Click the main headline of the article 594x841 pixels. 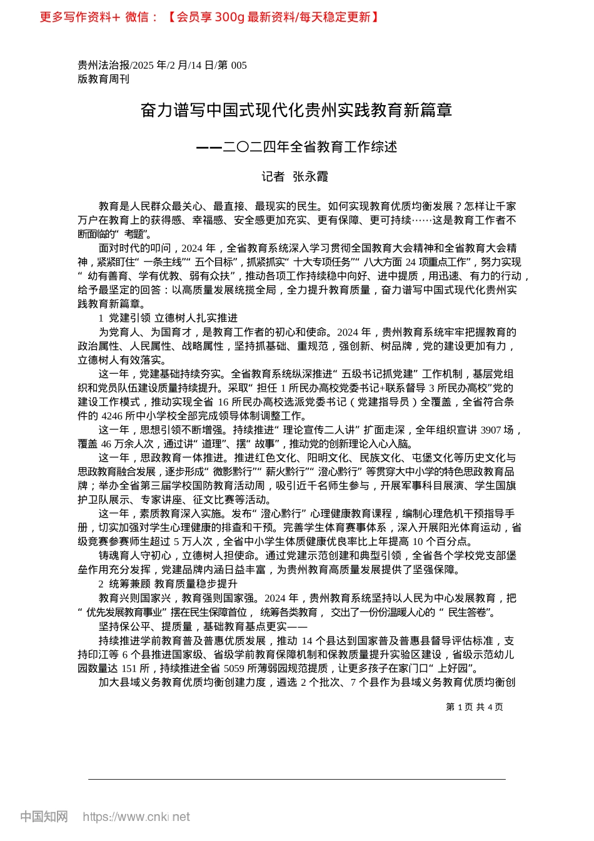coord(296,111)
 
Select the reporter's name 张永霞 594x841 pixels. coord(310,177)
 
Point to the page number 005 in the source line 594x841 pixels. coord(239,65)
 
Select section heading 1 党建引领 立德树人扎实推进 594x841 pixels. coord(168,318)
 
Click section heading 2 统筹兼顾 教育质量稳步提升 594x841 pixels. coord(168,584)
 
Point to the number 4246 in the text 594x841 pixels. coord(113,415)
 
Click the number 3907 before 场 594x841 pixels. coord(490,430)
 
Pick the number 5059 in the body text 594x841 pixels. coord(234,668)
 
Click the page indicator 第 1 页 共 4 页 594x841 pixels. coord(475,706)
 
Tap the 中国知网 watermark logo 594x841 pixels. coord(44,817)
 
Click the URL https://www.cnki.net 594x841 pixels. coord(136,817)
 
